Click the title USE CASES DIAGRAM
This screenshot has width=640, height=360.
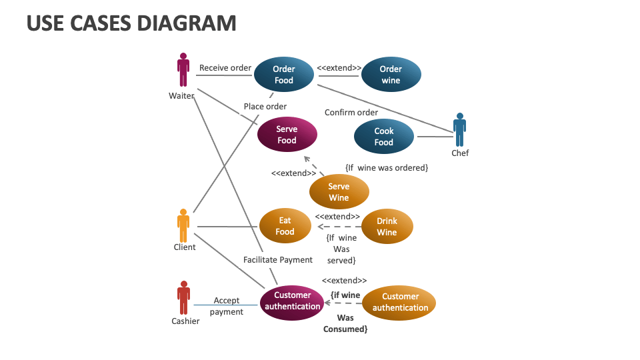pos(131,23)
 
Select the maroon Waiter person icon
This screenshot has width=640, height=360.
pos(183,71)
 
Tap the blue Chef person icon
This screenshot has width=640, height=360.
pos(459,129)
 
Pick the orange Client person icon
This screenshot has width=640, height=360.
pos(183,225)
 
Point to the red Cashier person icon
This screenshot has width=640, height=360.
pos(183,297)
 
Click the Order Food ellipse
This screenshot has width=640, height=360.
pos(284,75)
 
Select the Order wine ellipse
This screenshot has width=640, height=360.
pos(391,75)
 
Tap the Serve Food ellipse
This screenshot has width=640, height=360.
pos(287,135)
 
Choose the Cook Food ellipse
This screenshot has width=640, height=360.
pos(384,137)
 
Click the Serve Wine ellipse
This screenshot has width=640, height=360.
pos(339,192)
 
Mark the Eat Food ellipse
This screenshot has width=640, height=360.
pos(285,226)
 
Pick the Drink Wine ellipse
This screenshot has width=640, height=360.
pos(387,227)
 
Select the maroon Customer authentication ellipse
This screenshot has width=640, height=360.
pos(292,301)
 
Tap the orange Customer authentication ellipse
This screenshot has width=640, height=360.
pos(400,302)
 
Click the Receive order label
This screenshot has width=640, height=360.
pos(225,67)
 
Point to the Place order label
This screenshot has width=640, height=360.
pos(265,107)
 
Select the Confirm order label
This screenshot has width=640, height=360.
pos(351,112)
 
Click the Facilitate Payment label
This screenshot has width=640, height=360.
pos(278,259)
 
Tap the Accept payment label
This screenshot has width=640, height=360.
pos(227,306)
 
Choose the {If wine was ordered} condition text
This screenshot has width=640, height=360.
pos(386,167)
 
